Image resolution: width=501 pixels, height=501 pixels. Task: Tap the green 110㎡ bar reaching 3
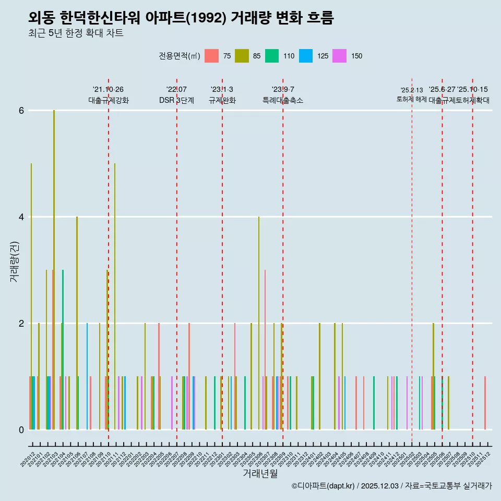tap(63, 350)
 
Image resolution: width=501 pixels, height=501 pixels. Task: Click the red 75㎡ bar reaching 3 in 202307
tap(265, 350)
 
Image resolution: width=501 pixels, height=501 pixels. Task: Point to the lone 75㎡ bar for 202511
tap(485, 403)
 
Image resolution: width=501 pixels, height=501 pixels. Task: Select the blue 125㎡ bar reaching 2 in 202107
tap(87, 376)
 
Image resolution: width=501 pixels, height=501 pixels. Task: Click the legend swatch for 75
tap(211, 56)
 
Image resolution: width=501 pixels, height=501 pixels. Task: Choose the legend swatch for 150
tap(339, 56)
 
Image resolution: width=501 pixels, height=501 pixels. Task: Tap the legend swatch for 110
tap(272, 56)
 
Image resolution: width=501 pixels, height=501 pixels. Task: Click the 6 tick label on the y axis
tap(21, 110)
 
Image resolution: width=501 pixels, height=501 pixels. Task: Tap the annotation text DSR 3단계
tap(176, 100)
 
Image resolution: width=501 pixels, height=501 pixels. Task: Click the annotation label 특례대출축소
tap(282, 100)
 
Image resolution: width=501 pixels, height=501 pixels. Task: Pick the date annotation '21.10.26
tap(108, 90)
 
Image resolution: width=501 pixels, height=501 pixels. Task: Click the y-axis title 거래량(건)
tap(14, 261)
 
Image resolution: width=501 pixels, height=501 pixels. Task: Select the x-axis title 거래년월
tap(260, 473)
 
